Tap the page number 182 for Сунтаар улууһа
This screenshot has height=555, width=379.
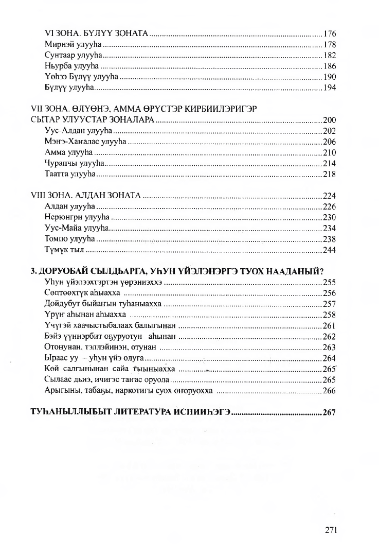330,56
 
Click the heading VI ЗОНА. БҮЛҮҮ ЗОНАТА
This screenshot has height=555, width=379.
97,33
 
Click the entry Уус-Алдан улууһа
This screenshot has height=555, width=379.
79,131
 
